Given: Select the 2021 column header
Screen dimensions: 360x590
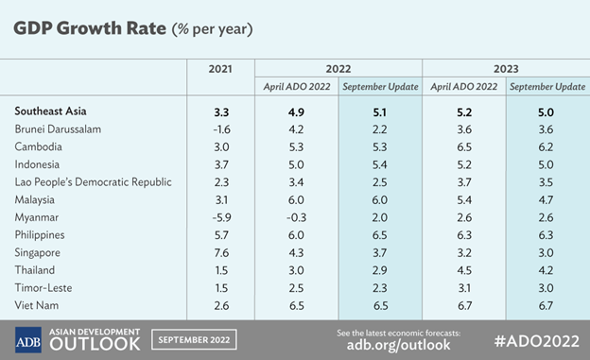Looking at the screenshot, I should click(x=219, y=69).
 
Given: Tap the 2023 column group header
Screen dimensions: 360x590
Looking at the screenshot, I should click(x=505, y=69).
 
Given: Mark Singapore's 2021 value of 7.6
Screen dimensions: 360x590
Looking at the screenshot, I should click(x=219, y=252).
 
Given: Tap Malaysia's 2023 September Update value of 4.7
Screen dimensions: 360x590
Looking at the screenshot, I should click(x=547, y=199).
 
